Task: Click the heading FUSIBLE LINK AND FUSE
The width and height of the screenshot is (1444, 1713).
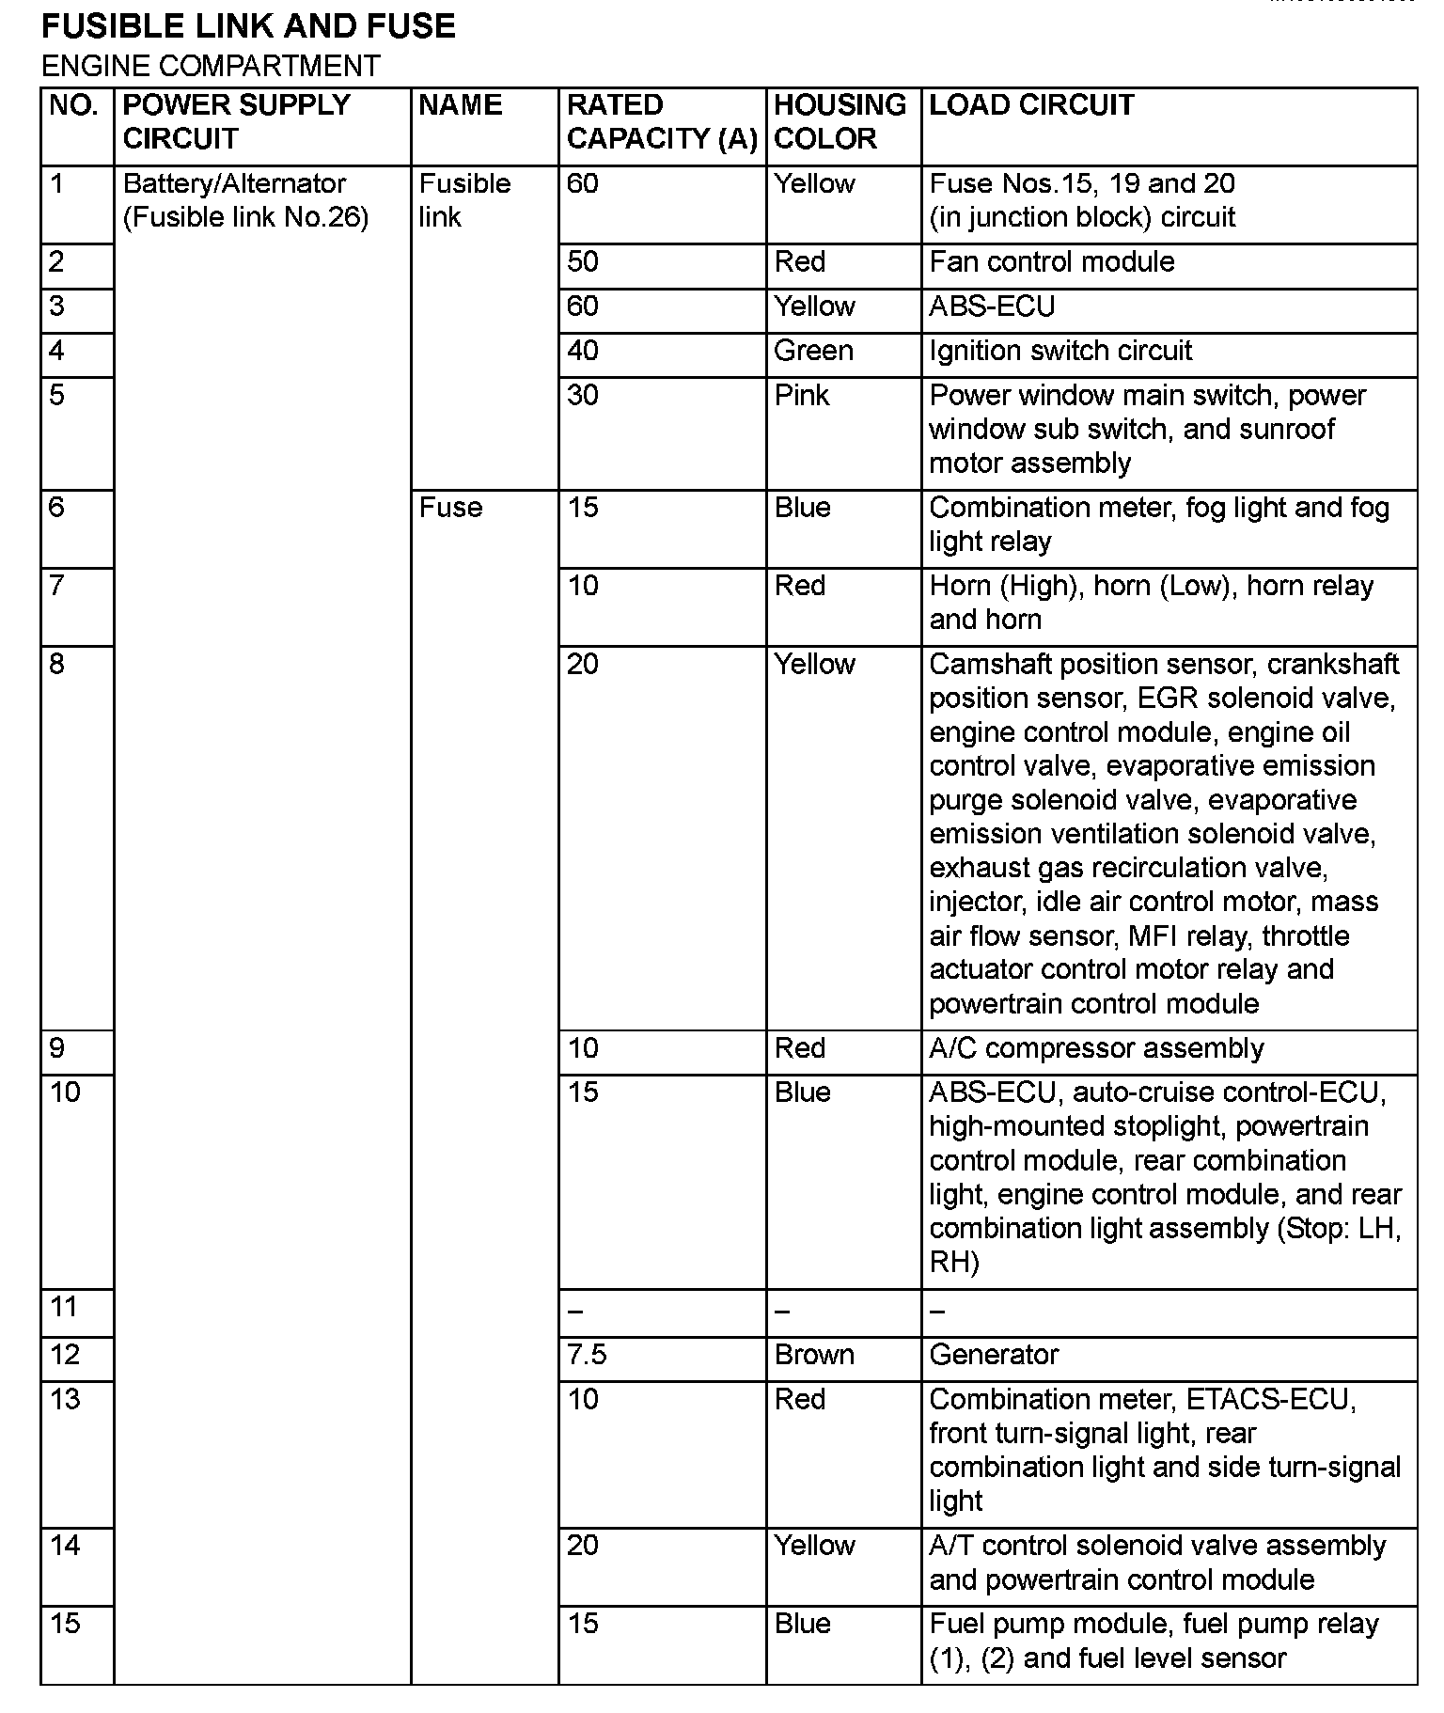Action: tap(248, 25)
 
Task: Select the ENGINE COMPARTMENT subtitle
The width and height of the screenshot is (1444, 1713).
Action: tap(211, 66)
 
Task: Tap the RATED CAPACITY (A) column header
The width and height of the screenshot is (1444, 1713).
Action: tap(661, 121)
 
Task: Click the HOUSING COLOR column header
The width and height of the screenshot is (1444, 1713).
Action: tap(840, 121)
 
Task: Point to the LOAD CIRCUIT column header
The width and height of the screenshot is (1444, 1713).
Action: tap(1031, 104)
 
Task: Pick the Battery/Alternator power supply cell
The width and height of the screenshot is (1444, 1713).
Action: tap(245, 200)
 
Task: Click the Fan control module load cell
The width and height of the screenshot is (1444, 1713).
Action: tap(1051, 261)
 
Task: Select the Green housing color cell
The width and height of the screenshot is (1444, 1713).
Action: tap(813, 351)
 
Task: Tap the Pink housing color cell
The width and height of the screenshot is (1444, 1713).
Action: tap(801, 395)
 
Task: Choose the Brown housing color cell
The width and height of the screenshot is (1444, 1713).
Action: tap(814, 1355)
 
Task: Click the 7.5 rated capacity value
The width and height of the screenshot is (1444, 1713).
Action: tap(587, 1355)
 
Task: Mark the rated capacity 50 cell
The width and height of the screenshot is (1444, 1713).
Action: tap(583, 261)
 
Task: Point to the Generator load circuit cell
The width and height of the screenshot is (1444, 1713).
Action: tap(994, 1355)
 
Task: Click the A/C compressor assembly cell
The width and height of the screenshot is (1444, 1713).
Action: tap(1096, 1048)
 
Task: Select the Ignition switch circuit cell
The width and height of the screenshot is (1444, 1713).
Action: tap(1060, 351)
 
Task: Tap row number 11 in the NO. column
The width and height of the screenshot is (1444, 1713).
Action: tap(64, 1307)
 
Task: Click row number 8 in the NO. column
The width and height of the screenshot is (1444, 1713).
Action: tap(56, 665)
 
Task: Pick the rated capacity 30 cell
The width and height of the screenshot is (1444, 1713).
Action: tap(583, 395)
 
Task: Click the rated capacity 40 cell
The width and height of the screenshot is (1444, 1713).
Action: tap(583, 351)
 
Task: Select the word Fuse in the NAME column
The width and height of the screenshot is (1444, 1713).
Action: tap(450, 508)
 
